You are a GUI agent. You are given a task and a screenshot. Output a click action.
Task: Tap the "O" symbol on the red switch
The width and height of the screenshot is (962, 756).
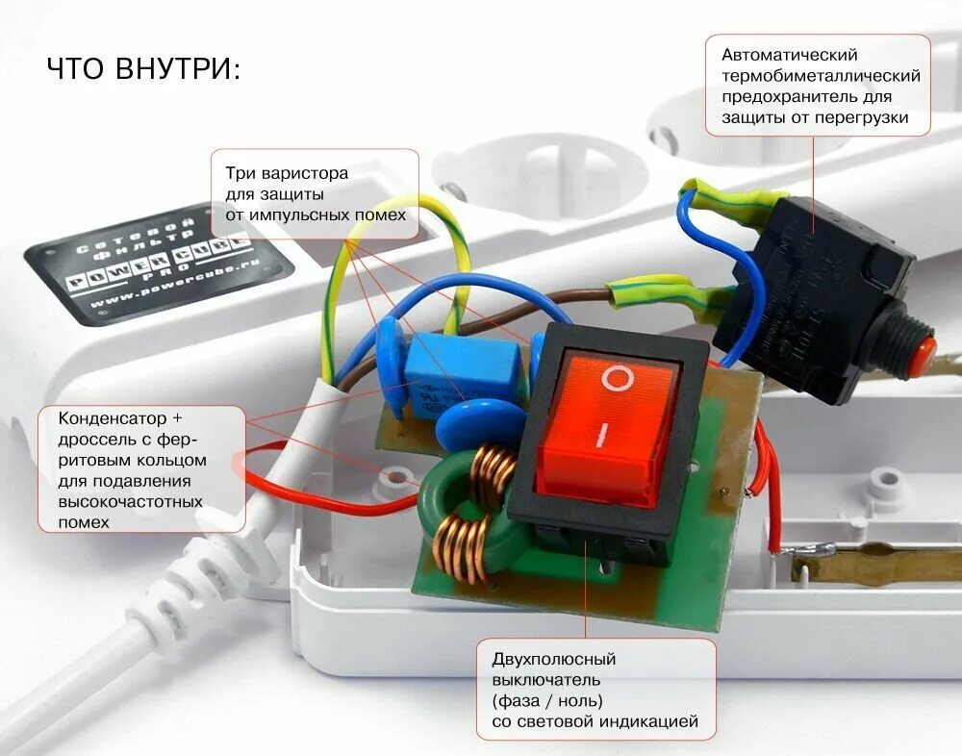[617, 377]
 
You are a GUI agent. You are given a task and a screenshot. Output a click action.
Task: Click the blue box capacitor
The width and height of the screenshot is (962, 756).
[461, 369]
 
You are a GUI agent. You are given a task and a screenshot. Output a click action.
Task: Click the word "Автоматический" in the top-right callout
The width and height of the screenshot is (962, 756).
[790, 55]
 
